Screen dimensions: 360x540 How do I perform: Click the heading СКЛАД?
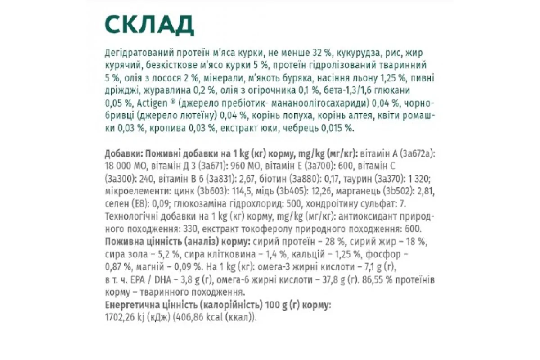(x=149, y=25)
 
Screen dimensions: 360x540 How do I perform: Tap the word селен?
(x=115, y=204)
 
